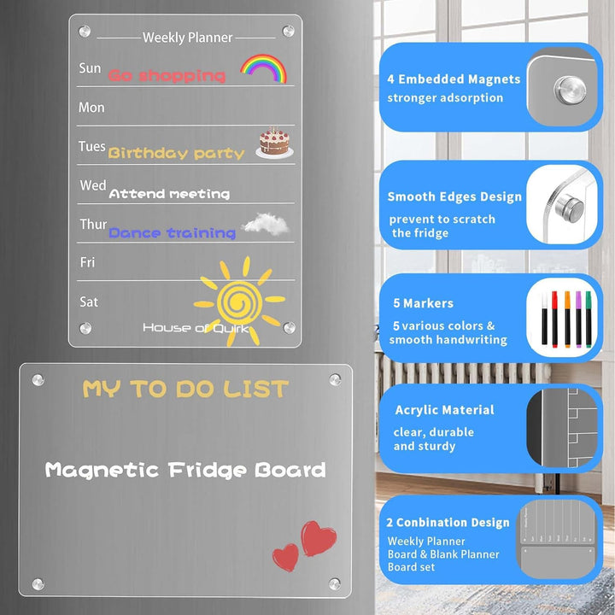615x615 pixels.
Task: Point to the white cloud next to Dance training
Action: coord(266,224)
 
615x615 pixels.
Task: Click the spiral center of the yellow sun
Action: coord(239,302)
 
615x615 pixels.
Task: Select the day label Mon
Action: coord(91,107)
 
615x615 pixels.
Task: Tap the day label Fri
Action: coord(87,262)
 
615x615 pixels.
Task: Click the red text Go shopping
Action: coord(167,75)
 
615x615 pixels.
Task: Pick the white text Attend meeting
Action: coord(169,193)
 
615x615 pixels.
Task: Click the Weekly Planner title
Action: coord(187,38)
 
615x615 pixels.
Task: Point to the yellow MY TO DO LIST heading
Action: coord(185,389)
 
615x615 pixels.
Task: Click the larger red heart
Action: coord(318,538)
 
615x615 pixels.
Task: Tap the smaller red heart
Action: coord(285,557)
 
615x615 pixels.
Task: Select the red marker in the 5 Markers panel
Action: coord(554,319)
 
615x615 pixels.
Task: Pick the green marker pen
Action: coord(589,319)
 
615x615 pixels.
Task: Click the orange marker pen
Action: coord(567,319)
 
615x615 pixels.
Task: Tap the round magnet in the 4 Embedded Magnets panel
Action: coord(571,91)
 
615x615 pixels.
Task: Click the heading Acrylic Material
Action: coord(444,410)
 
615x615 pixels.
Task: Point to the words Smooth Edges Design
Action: coord(454,196)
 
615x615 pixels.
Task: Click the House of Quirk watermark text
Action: coord(196,328)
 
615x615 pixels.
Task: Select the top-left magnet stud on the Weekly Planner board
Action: coord(85,31)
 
